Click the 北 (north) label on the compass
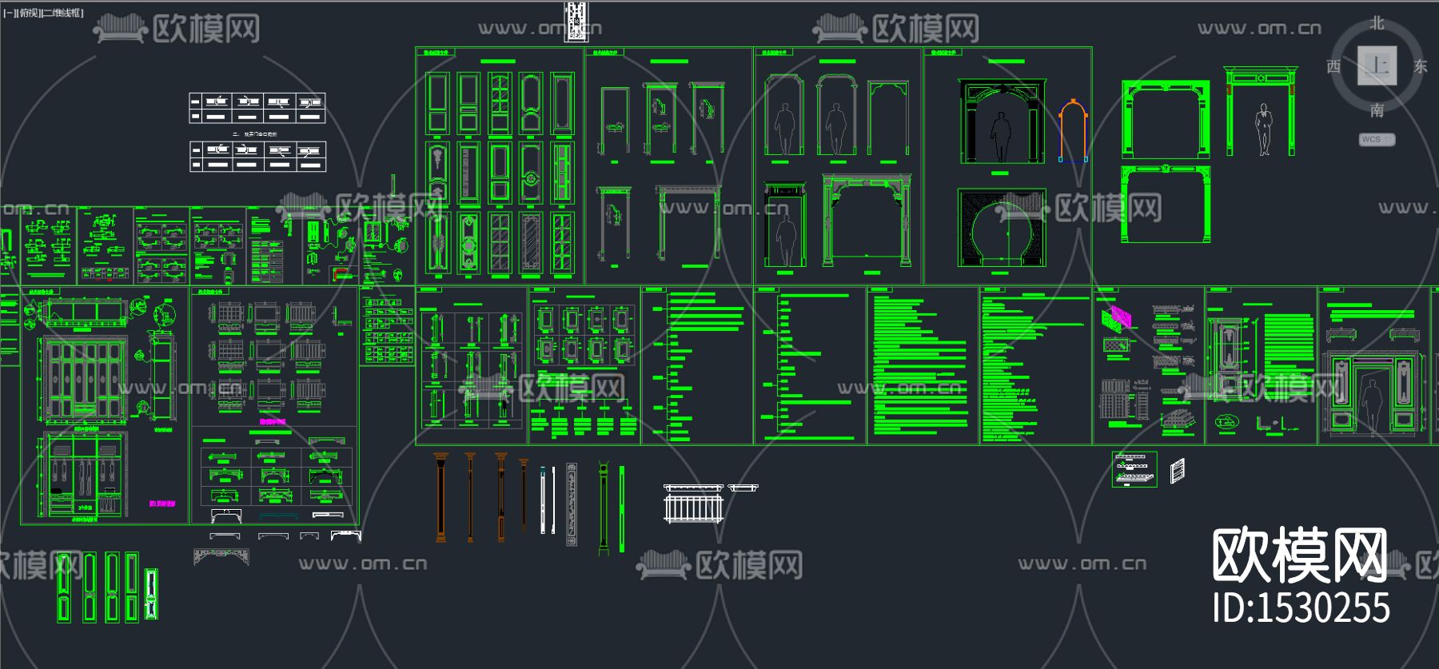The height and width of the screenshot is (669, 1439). [x=1377, y=23]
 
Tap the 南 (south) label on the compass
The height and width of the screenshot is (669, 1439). [x=1377, y=110]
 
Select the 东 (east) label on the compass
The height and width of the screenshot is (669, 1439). [x=1420, y=66]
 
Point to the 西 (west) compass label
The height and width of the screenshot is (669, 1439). [x=1333, y=66]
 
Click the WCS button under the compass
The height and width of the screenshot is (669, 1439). [x=1377, y=139]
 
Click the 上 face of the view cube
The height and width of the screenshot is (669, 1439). [x=1377, y=66]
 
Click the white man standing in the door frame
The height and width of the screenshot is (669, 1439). [x=1263, y=129]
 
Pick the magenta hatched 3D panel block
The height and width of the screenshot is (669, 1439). [x=1117, y=317]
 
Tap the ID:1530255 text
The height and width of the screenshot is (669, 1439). [x=1301, y=607]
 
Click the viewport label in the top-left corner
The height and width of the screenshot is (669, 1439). [x=44, y=13]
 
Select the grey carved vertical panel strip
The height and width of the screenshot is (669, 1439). [x=571, y=504]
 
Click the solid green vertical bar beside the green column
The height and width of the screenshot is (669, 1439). [x=622, y=508]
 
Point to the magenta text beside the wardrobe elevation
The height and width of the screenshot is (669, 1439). [x=161, y=504]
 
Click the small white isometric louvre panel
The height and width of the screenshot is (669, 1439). [x=1177, y=470]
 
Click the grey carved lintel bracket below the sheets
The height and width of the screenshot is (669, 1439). [x=221, y=556]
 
